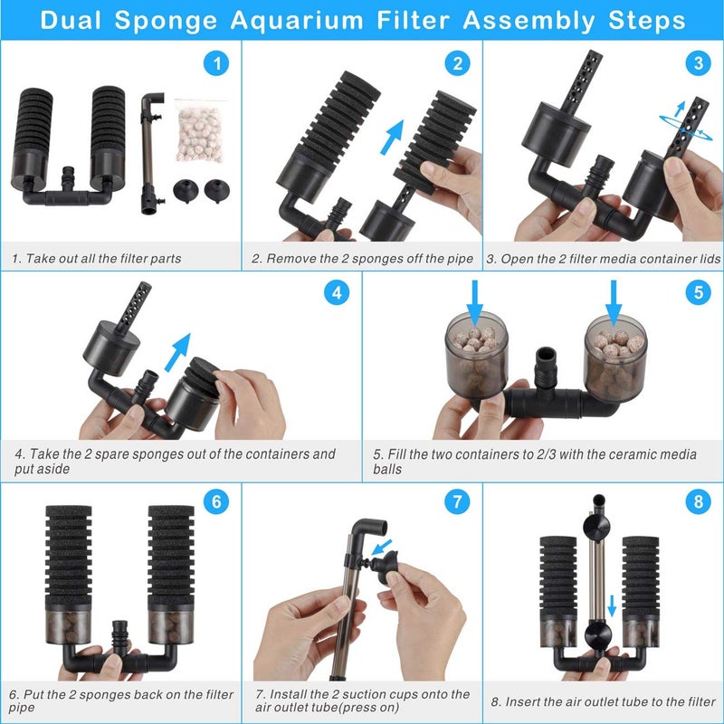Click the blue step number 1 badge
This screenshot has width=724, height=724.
point(214,64)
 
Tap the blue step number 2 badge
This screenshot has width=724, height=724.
point(457,64)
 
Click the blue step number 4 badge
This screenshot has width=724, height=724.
point(336,293)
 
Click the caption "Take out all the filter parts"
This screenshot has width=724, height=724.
point(97,259)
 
